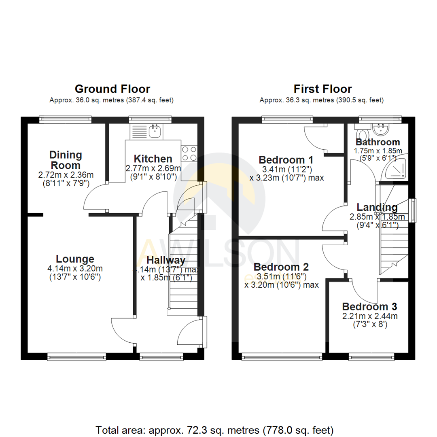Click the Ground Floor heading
112,89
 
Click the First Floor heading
322,89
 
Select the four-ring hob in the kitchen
189,153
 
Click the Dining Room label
66,160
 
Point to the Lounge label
75,259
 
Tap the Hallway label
166,260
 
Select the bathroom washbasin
381,130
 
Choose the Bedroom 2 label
281,267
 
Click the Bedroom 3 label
369,306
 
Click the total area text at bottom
214,429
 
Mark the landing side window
412,210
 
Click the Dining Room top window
65,119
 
